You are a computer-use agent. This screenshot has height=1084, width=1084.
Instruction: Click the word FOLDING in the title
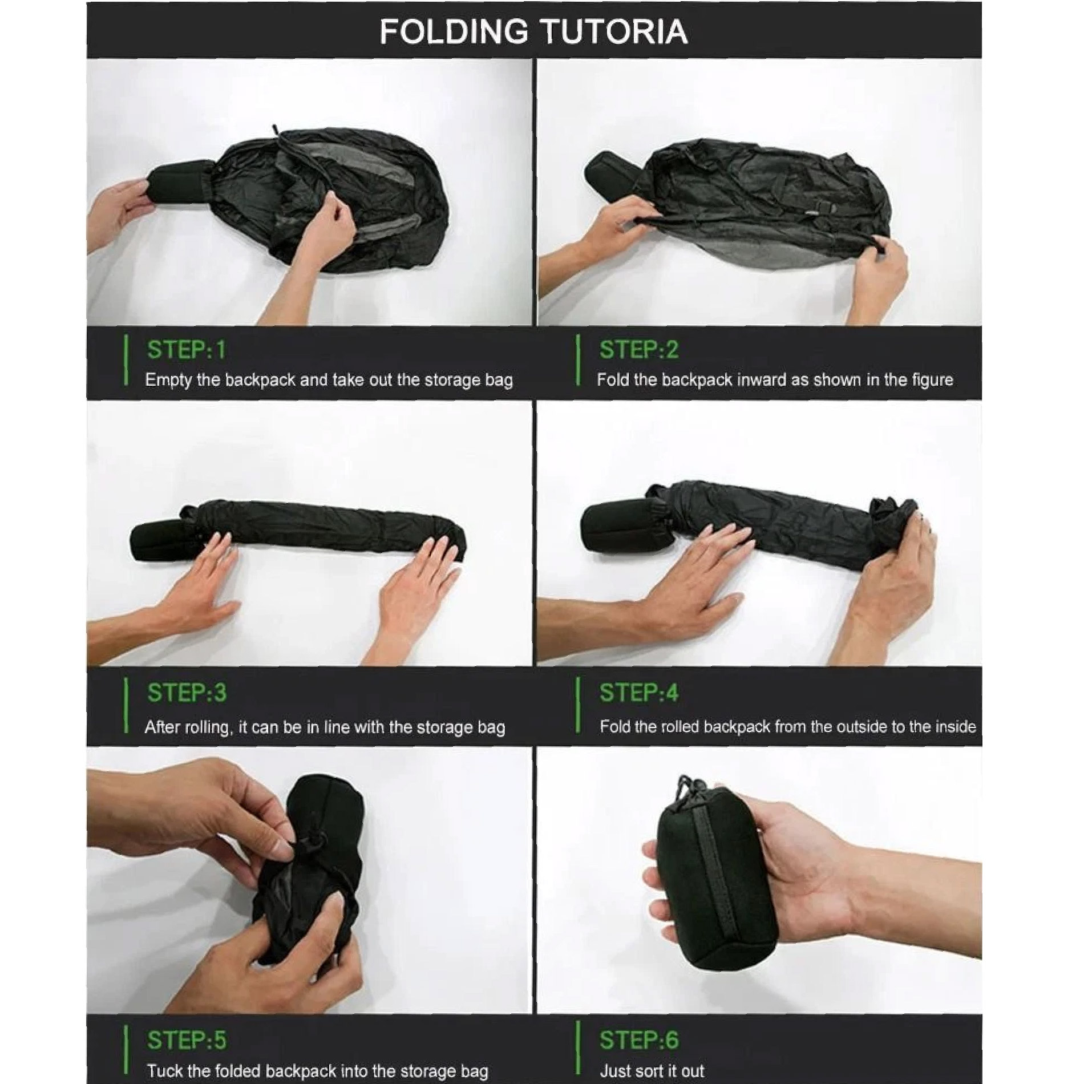click(454, 31)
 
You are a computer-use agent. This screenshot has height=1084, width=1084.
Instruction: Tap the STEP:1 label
click(187, 350)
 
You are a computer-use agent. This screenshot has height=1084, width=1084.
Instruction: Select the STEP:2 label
click(639, 350)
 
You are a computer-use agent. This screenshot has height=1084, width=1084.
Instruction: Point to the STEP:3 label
click(187, 693)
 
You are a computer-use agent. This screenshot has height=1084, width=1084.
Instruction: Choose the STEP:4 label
click(639, 693)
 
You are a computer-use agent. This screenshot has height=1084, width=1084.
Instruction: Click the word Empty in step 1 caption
click(168, 381)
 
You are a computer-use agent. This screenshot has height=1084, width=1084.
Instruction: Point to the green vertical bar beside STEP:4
click(579, 705)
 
